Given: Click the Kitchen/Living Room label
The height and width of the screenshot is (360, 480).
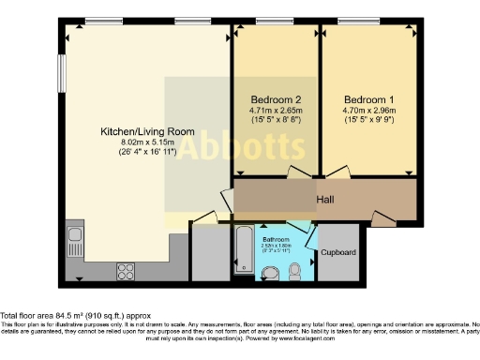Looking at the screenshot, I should click(x=148, y=132).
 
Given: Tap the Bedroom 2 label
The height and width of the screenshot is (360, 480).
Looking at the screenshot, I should click(x=276, y=99).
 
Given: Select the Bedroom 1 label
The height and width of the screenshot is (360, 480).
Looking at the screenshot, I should click(x=368, y=99).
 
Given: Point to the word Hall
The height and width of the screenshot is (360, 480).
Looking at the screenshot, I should click(x=325, y=200).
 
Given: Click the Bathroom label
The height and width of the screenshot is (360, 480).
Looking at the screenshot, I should click(x=276, y=239).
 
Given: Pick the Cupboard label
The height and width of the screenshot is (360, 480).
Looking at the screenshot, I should click(x=337, y=253).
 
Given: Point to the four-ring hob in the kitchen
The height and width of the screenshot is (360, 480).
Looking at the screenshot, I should click(x=125, y=271).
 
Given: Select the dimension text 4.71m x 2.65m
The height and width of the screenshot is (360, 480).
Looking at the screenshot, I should click(x=276, y=111).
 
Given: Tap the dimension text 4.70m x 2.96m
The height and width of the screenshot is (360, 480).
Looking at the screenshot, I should click(x=368, y=111).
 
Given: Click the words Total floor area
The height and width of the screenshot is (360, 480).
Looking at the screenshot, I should click(x=29, y=316).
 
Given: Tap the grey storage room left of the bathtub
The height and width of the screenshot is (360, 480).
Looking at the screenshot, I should click(x=210, y=251).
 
